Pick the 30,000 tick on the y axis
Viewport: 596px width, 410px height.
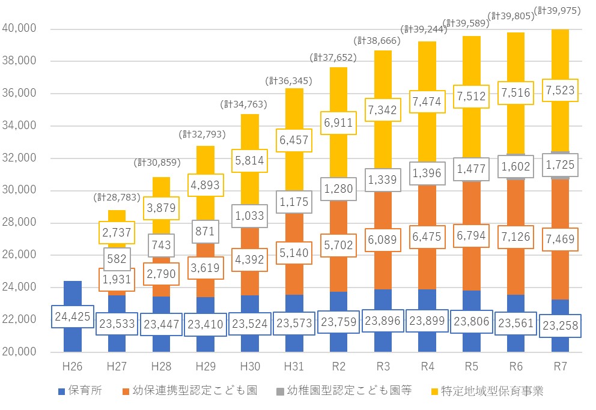(20, 190)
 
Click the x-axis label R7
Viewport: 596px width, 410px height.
(560, 367)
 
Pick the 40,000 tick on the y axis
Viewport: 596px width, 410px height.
(20, 29)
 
